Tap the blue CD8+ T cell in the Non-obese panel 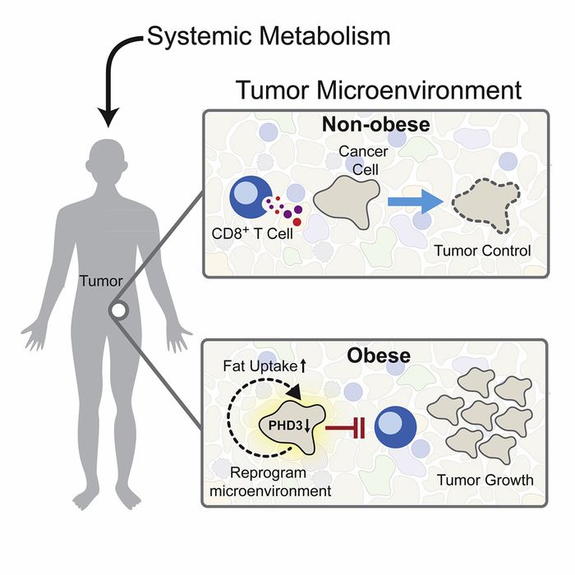click(x=246, y=197)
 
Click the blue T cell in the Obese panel click(x=395, y=426)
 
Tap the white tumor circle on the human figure click(x=120, y=310)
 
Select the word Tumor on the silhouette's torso click(x=101, y=282)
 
